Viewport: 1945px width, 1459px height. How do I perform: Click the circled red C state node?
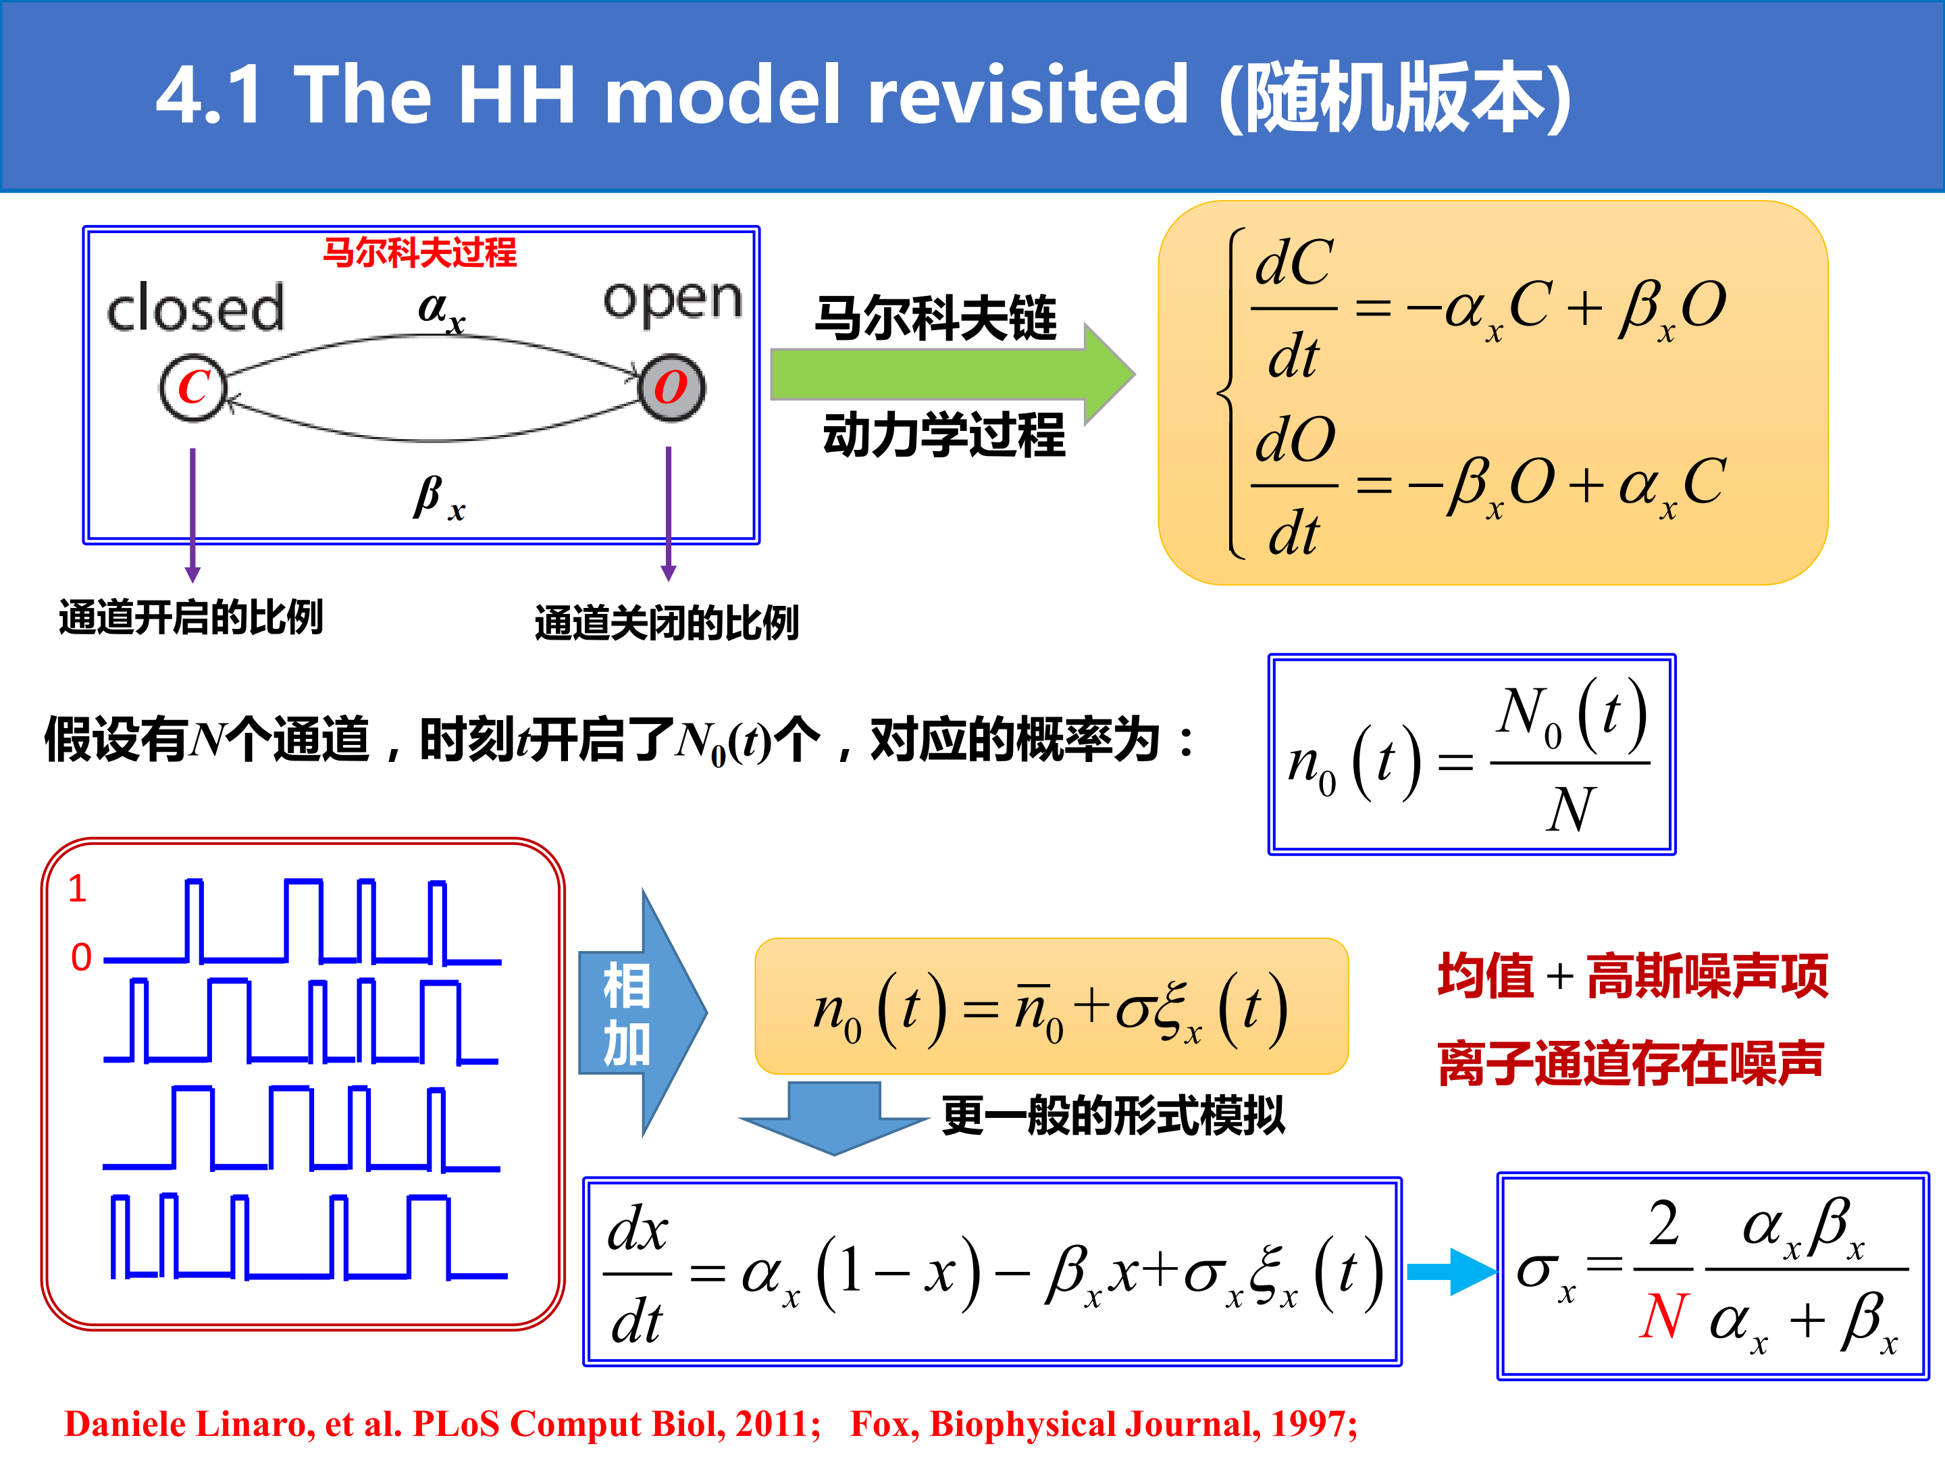point(193,387)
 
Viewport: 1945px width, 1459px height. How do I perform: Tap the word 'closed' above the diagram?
point(195,308)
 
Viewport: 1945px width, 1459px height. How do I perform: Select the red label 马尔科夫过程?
point(420,253)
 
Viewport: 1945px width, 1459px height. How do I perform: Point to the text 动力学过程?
point(943,434)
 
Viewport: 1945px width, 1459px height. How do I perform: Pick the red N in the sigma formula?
point(1663,1316)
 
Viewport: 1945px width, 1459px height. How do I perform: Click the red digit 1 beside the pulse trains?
point(78,888)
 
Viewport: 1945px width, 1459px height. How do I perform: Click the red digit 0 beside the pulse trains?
point(81,957)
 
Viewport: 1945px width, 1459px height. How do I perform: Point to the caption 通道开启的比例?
point(191,617)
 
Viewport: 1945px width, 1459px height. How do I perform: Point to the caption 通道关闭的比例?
point(667,623)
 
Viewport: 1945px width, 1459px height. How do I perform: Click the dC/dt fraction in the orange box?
point(1295,309)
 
